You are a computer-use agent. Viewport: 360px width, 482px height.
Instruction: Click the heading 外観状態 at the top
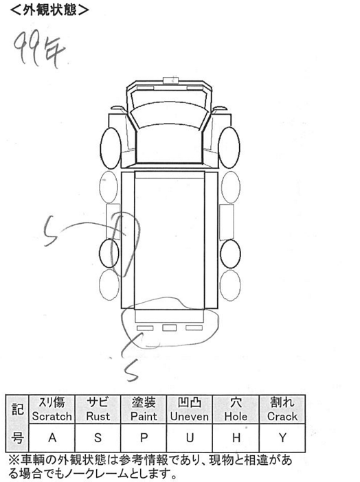click(x=49, y=10)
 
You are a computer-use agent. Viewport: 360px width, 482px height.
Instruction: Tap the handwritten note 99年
click(x=39, y=49)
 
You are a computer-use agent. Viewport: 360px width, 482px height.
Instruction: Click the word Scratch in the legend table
click(x=52, y=417)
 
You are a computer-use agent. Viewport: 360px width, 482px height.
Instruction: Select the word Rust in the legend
click(x=98, y=417)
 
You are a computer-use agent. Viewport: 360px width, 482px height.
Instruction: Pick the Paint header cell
click(x=144, y=409)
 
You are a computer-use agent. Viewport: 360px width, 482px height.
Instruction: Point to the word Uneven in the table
click(x=190, y=417)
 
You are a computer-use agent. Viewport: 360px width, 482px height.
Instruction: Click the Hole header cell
click(x=236, y=409)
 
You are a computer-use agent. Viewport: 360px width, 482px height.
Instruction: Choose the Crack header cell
click(x=282, y=409)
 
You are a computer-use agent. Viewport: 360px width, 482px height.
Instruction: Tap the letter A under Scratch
click(x=52, y=437)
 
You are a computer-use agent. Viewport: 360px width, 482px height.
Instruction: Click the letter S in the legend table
click(x=98, y=437)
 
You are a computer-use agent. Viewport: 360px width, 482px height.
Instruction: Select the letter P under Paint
click(x=144, y=437)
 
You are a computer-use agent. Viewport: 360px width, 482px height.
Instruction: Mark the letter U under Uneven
click(x=190, y=437)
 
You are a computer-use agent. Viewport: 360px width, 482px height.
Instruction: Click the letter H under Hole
click(x=236, y=437)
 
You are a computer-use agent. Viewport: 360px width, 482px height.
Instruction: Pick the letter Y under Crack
click(x=282, y=437)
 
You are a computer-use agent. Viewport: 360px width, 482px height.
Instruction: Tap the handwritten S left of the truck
click(x=50, y=231)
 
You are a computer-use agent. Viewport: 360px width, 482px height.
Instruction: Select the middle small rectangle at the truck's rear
click(x=169, y=328)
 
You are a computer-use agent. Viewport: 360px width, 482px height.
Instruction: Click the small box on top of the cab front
click(x=171, y=80)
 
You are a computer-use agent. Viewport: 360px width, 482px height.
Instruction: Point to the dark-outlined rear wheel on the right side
click(x=230, y=253)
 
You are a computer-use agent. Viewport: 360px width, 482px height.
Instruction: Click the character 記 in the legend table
click(x=17, y=409)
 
